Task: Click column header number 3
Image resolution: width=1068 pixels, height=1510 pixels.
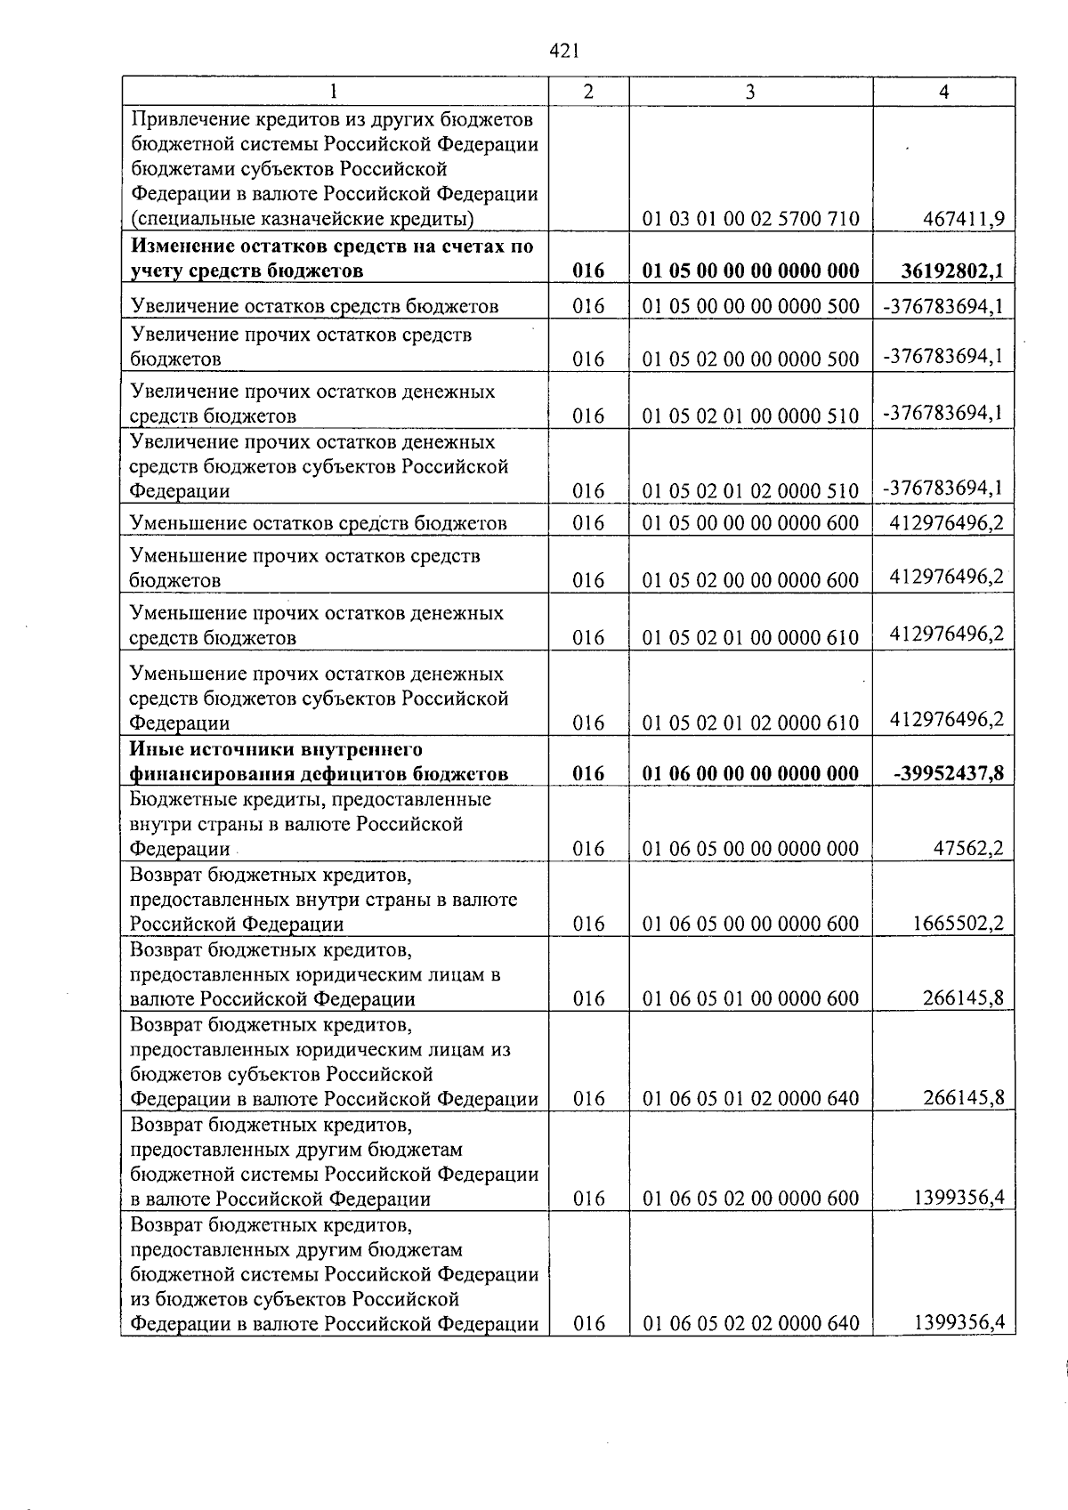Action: (x=750, y=92)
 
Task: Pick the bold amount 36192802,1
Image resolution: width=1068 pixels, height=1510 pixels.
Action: (x=952, y=271)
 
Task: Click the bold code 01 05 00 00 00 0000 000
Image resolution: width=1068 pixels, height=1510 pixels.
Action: (x=750, y=271)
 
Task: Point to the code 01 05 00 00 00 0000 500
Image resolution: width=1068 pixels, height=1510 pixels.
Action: (x=750, y=307)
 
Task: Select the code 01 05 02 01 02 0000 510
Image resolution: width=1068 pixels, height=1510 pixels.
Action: (x=750, y=491)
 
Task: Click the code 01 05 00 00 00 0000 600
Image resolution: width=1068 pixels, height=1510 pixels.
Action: (x=750, y=523)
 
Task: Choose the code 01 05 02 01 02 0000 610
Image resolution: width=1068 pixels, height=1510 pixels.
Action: (x=750, y=723)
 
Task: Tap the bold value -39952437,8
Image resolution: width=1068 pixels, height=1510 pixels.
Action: (x=949, y=773)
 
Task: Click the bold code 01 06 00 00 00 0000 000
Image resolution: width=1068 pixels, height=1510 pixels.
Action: (x=750, y=774)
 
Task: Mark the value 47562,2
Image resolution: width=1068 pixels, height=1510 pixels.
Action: (x=968, y=849)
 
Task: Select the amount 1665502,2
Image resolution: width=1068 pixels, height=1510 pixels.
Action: (x=959, y=924)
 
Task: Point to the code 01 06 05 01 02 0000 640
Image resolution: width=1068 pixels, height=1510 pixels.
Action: (x=750, y=1099)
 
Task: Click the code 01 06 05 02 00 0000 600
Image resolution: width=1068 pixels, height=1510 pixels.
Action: (x=750, y=1199)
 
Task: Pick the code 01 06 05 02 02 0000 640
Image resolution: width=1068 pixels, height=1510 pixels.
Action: (x=750, y=1324)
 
